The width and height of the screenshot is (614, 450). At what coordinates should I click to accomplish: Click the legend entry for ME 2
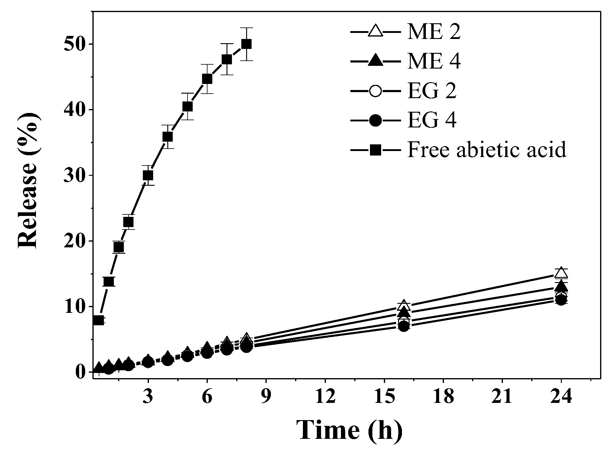434,32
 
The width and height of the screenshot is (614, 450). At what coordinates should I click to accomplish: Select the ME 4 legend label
434,62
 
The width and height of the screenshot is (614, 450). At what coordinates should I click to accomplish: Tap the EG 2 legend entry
432,91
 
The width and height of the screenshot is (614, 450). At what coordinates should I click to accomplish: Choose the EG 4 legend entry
432,120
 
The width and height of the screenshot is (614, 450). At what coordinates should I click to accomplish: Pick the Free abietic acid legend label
486,149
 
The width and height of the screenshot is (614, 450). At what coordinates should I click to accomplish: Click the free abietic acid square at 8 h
246,44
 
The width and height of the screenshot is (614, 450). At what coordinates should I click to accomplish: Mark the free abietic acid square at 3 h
148,175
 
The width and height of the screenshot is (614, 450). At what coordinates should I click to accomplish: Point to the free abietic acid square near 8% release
99,320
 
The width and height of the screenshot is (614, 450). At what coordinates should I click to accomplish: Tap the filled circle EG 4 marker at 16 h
404,326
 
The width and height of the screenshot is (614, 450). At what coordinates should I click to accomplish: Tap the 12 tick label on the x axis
325,397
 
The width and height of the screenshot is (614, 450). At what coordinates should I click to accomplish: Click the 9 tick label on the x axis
266,397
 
